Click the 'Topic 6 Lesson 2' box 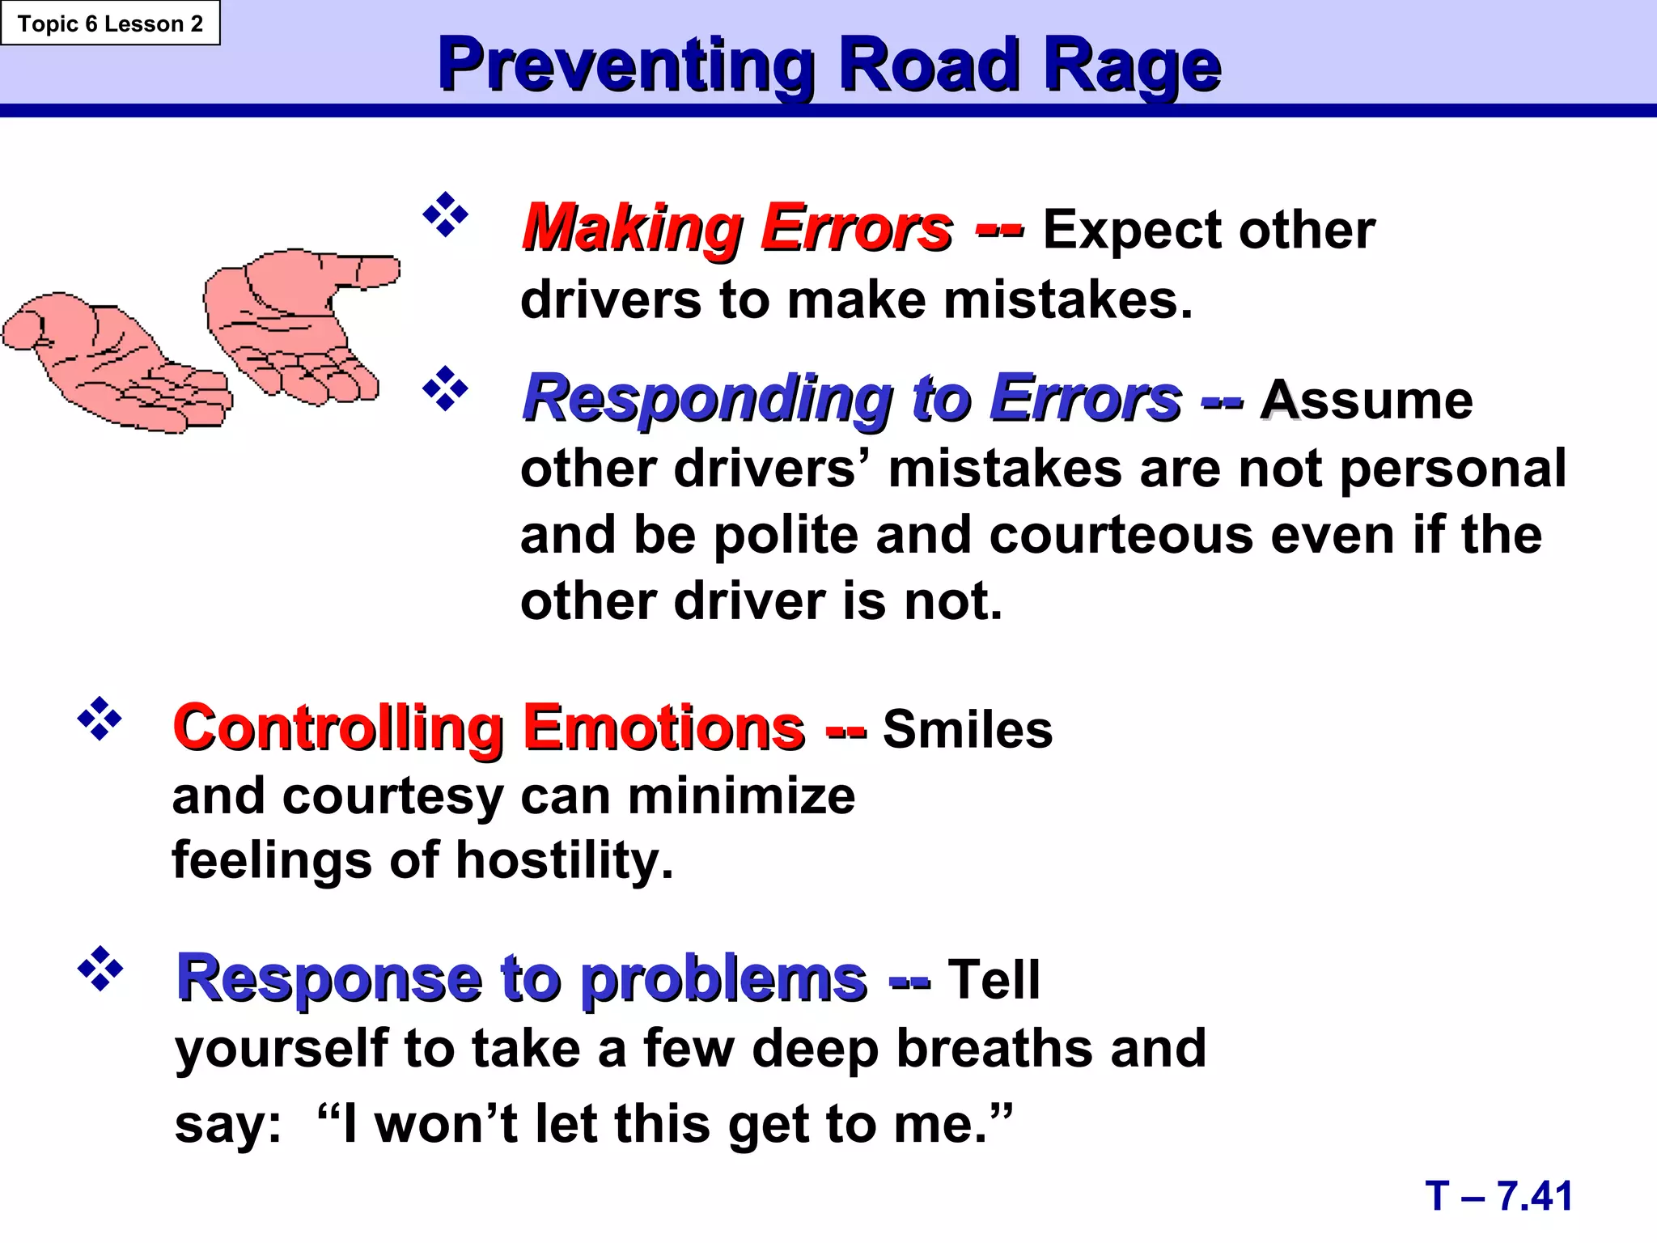pos(110,23)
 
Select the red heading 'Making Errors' pos(737,228)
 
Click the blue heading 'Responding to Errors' pos(851,398)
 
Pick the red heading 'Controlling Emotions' pos(489,728)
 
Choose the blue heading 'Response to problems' pos(522,978)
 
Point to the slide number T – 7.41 pos(1498,1195)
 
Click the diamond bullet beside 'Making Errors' pos(445,214)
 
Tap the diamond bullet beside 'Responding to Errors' pos(445,388)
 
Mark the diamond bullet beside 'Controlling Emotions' pos(100,718)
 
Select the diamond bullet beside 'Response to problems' pos(100,968)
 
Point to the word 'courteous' pos(1121,536)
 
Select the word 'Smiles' pos(967,729)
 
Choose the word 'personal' pos(1452,469)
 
